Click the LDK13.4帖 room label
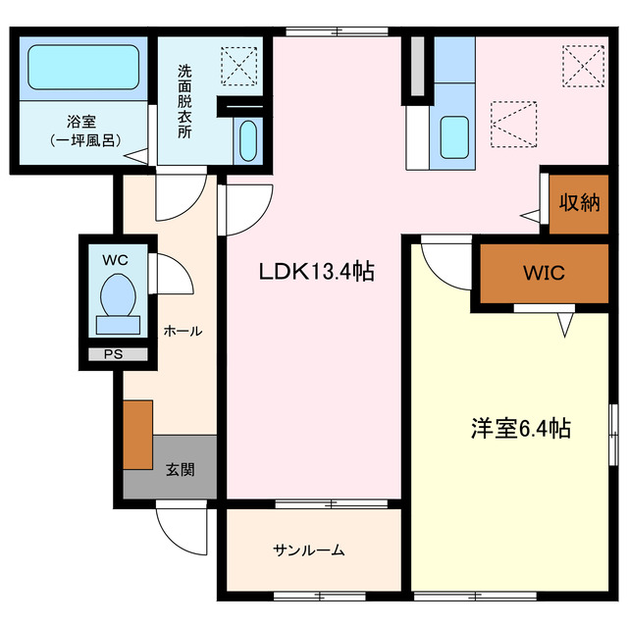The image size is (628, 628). (x=315, y=272)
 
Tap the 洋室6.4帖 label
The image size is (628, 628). (x=521, y=429)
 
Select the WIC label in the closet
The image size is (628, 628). (x=544, y=273)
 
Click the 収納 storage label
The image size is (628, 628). (x=579, y=203)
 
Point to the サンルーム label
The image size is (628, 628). (x=309, y=550)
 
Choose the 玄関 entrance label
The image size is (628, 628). (x=180, y=468)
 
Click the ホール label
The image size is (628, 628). (x=183, y=331)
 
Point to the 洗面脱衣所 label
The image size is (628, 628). (x=183, y=101)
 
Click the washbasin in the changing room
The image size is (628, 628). (x=246, y=140)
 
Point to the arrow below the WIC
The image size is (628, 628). (x=565, y=322)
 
